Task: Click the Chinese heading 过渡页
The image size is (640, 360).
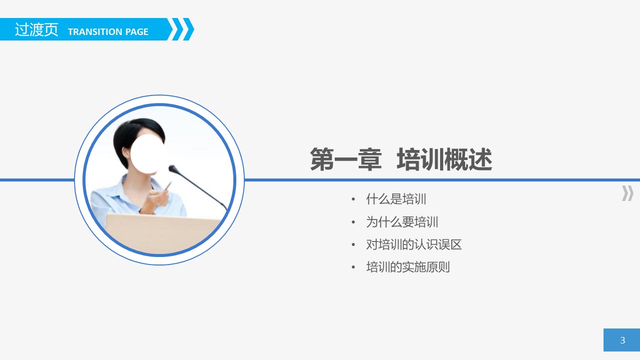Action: point(36,30)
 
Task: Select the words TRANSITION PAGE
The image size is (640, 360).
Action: point(108,32)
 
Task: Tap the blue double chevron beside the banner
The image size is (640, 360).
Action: point(182,29)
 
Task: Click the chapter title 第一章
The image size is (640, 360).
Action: point(346,160)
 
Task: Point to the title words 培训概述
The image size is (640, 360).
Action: point(444,160)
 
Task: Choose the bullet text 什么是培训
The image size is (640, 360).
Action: point(396,199)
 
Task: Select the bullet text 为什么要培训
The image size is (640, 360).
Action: point(402,222)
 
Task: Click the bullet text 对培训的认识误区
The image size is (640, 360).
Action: point(414,244)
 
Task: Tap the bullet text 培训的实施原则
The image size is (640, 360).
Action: point(408,267)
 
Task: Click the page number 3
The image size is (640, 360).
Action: point(622,340)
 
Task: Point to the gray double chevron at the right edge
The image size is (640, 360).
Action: point(628,193)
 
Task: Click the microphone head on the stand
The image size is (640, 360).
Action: point(172,168)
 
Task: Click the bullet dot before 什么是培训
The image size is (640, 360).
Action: point(354,199)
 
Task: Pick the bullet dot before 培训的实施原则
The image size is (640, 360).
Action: point(354,267)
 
